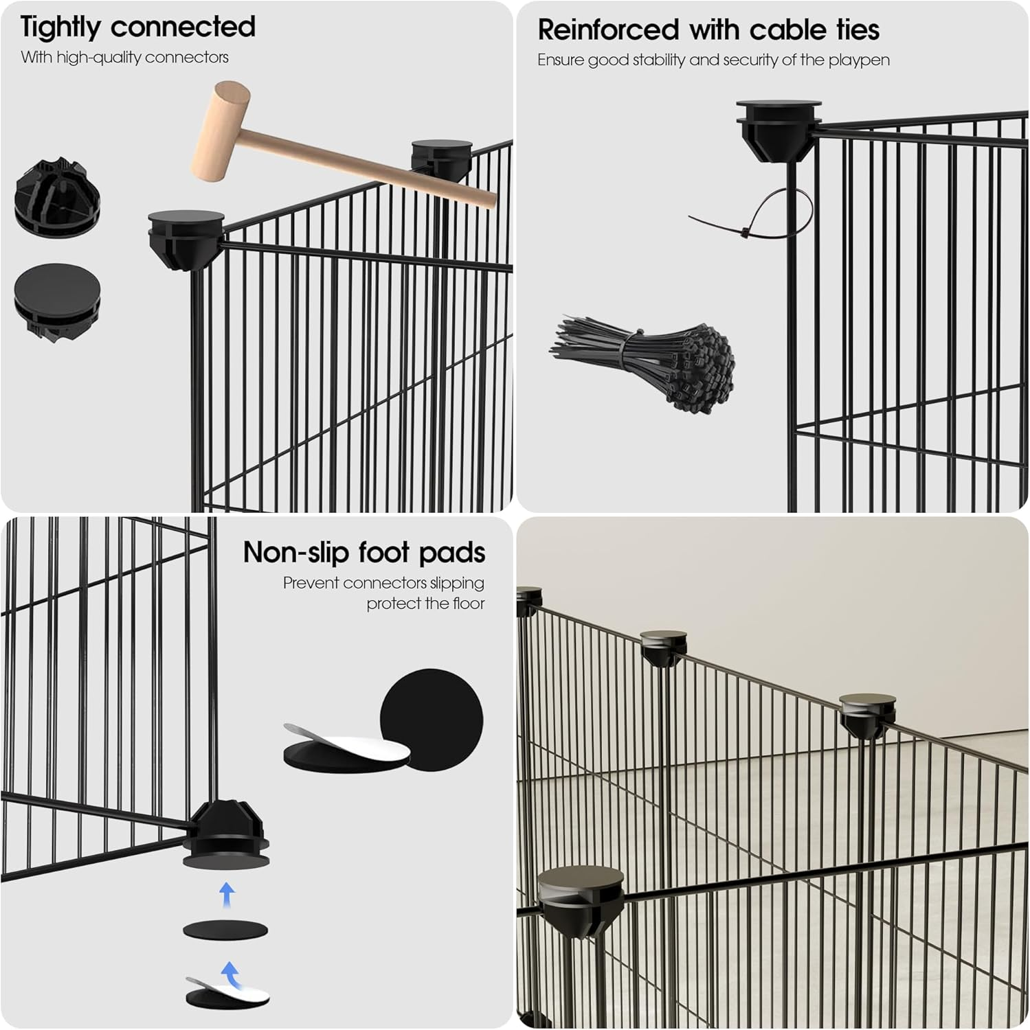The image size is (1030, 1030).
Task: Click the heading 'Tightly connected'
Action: (137, 27)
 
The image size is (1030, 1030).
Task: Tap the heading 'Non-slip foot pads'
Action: (363, 553)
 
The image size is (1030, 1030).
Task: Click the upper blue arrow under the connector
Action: (227, 895)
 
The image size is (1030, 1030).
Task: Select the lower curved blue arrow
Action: (229, 974)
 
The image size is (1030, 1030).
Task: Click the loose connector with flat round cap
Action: (56, 299)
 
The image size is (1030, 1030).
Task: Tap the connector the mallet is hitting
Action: (441, 159)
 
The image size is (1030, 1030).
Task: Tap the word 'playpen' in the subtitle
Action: (858, 60)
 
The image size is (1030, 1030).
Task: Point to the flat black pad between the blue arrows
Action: (225, 930)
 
